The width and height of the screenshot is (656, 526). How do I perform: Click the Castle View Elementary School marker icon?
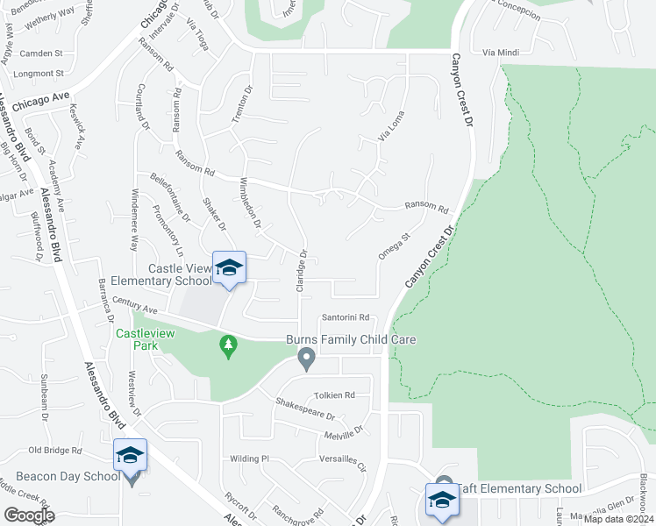[x=229, y=267]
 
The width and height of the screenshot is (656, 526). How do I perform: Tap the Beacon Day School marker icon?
[x=130, y=455]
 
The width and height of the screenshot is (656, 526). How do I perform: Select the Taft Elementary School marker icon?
[x=441, y=500]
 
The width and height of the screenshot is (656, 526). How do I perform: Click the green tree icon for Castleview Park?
[x=229, y=347]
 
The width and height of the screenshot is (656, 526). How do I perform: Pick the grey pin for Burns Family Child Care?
[x=306, y=358]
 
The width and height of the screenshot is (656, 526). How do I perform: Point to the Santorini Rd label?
[x=348, y=318]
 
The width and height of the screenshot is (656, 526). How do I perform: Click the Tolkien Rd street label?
[x=337, y=395]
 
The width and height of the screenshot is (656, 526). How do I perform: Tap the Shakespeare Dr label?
[x=305, y=409]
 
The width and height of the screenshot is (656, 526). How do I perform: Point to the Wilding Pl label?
[x=249, y=458]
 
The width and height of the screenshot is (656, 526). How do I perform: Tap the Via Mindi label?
[x=496, y=53]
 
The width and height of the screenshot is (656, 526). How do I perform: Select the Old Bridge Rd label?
[x=54, y=451]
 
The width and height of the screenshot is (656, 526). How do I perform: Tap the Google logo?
[x=28, y=515]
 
